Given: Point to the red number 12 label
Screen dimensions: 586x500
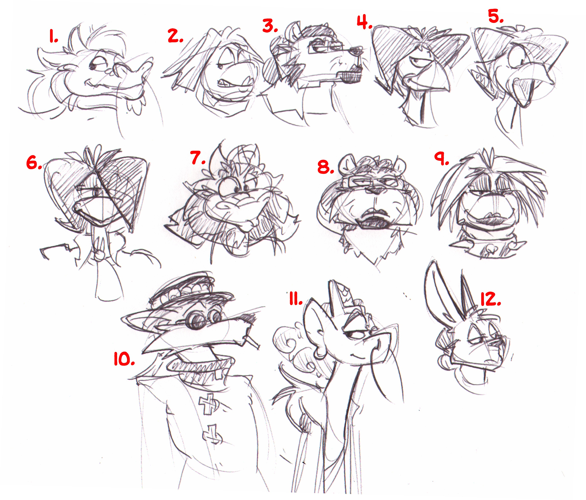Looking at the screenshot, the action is click(x=491, y=299).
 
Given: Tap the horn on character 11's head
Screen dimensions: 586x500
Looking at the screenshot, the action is click(x=338, y=297).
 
